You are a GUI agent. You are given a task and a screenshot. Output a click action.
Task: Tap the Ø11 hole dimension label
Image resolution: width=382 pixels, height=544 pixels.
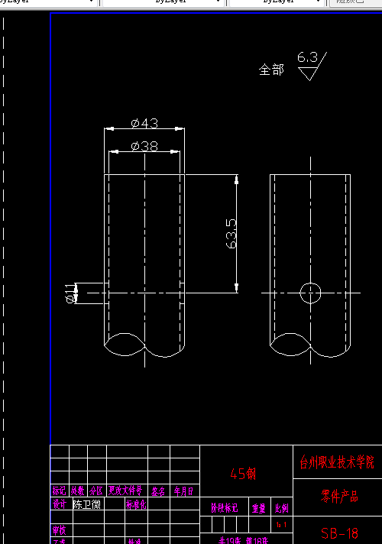pyautogui.click(x=71, y=292)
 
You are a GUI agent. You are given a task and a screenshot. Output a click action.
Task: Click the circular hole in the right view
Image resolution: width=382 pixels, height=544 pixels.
pyautogui.click(x=311, y=292)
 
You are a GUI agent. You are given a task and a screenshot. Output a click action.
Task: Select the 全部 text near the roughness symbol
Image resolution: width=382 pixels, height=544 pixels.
pyautogui.click(x=271, y=70)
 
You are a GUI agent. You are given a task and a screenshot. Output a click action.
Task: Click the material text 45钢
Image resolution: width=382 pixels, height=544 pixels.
pyautogui.click(x=243, y=474)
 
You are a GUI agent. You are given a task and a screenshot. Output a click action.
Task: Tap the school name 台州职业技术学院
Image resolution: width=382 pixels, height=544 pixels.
pyautogui.click(x=337, y=462)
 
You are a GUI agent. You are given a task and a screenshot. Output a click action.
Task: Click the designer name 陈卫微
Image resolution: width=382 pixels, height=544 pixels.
pyautogui.click(x=86, y=504)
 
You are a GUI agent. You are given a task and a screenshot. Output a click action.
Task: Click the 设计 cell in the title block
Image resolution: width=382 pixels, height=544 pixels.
pyautogui.click(x=59, y=504)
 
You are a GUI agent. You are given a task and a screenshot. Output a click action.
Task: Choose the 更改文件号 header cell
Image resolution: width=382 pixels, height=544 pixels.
pyautogui.click(x=125, y=491)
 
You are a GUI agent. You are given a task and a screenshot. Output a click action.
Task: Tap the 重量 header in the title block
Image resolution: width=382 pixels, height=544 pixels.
pyautogui.click(x=259, y=507)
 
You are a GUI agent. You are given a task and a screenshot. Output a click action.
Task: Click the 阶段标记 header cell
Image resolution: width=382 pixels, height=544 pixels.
pyautogui.click(x=225, y=507)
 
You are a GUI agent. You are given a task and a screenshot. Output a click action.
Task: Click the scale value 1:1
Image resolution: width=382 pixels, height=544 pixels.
pyautogui.click(x=281, y=525)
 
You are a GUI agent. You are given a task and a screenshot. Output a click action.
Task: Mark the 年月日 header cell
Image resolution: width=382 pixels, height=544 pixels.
pyautogui.click(x=183, y=491)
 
